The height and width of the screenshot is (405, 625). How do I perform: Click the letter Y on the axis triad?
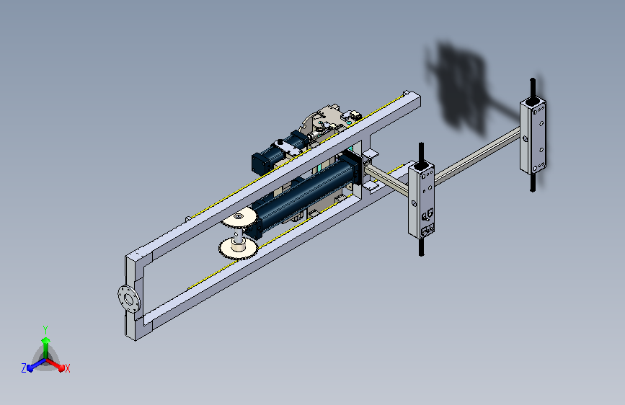click(45, 329)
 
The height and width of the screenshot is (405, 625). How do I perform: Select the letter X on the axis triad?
click(67, 368)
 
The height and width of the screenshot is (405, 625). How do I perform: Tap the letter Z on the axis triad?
click(24, 368)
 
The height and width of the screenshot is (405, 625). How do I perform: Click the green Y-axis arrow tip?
click(46, 340)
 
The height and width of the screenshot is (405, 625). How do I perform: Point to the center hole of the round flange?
click(129, 298)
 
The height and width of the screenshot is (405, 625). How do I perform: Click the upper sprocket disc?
click(239, 217)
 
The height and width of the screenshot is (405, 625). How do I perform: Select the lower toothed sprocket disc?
click(238, 249)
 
